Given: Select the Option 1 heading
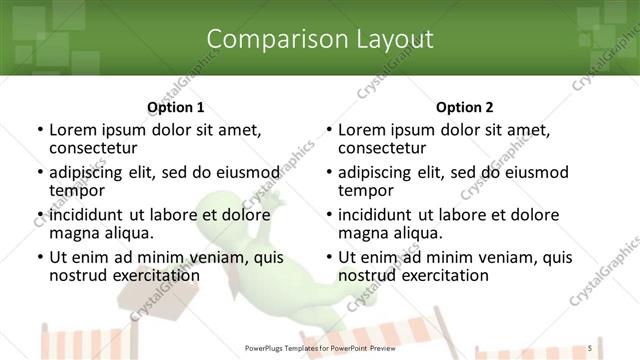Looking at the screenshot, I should click(176, 107).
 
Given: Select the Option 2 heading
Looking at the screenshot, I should click(465, 107).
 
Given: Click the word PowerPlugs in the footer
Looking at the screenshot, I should click(270, 348).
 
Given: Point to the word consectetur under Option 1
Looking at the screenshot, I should click(96, 147).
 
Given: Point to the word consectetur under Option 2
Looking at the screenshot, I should click(385, 147).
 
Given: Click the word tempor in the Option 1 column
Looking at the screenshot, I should click(76, 190).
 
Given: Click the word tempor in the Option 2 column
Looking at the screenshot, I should click(365, 190).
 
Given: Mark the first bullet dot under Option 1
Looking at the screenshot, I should click(39, 130).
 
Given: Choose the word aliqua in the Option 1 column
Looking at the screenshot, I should click(128, 233).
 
